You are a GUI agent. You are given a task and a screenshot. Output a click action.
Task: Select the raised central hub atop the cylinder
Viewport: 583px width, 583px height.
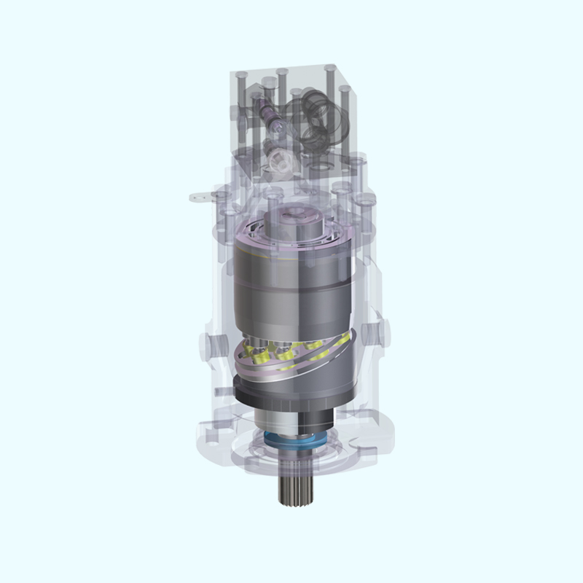coord(294,219)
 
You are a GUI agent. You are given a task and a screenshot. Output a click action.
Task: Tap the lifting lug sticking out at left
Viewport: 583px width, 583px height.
coord(198,196)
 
